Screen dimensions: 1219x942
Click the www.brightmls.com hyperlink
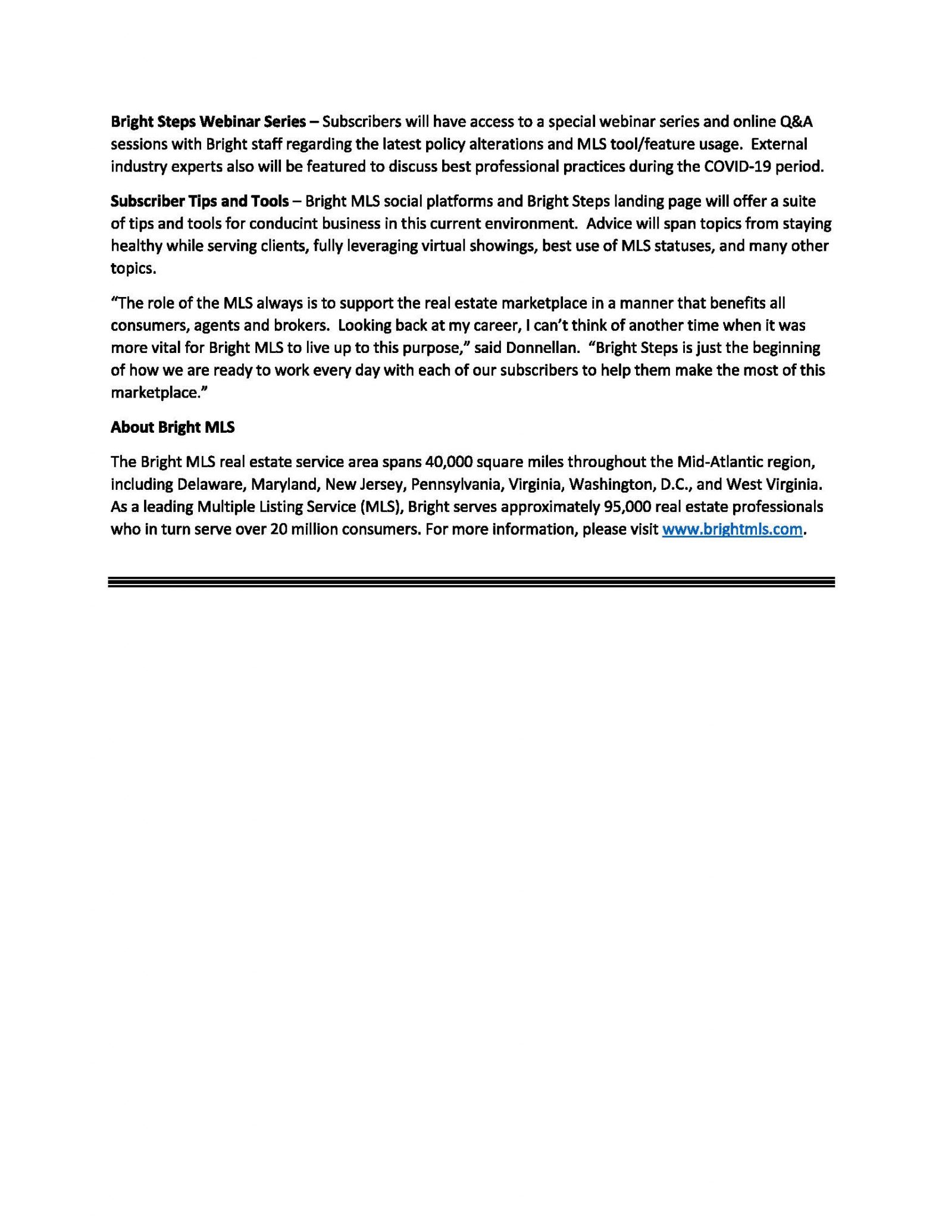[732, 529]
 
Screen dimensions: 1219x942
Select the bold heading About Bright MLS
[173, 427]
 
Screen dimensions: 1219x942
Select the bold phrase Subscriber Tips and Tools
[199, 201]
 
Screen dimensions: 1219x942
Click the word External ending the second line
[784, 144]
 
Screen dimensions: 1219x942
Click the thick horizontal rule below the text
[471, 582]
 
